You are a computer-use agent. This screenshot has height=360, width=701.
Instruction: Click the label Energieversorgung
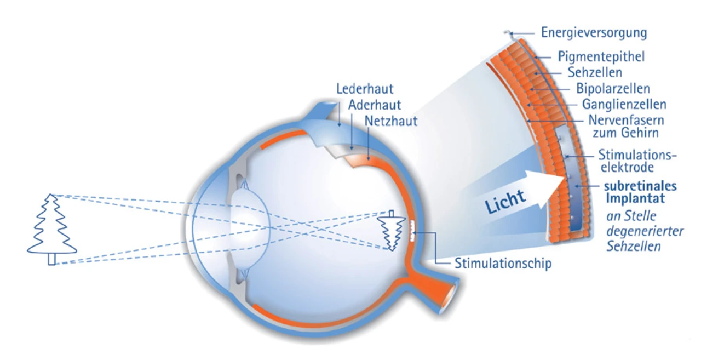click(594, 33)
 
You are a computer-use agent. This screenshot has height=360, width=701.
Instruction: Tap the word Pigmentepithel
click(601, 56)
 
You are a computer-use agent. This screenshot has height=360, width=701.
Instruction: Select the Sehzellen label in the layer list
click(595, 72)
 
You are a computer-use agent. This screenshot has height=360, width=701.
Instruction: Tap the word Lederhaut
click(365, 88)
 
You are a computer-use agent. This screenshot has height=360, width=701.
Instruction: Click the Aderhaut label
click(375, 104)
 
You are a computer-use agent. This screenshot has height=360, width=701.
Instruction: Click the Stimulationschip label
click(503, 264)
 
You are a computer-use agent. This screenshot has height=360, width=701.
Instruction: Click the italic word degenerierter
click(645, 231)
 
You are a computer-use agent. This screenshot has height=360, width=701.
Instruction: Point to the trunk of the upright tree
click(51, 259)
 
